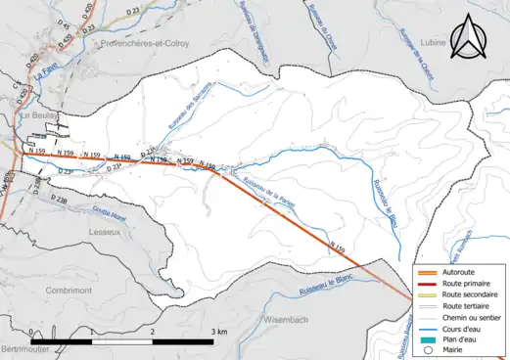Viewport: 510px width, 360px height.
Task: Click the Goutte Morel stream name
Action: coord(83,206)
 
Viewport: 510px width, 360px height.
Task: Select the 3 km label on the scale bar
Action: coord(218,333)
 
